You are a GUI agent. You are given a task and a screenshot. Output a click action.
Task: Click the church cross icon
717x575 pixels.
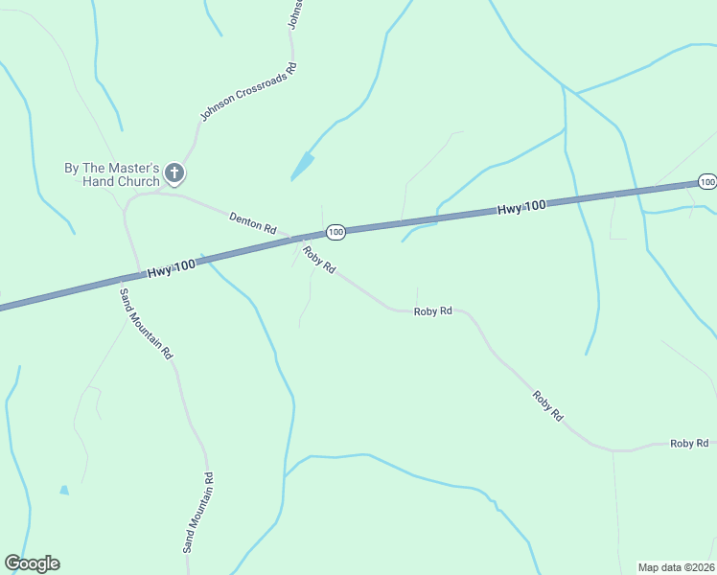pyautogui.click(x=174, y=173)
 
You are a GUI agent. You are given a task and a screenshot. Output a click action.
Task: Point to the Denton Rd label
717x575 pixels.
pyautogui.click(x=252, y=224)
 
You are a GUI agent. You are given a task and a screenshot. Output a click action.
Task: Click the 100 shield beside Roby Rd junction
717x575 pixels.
pyautogui.click(x=335, y=232)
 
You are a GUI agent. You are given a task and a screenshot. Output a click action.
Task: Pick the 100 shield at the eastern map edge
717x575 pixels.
pyautogui.click(x=707, y=182)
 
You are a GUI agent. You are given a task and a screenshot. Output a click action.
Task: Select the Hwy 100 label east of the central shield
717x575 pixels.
pyautogui.click(x=521, y=207)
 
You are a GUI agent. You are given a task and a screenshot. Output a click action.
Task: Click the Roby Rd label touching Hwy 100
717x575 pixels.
pyautogui.click(x=318, y=260)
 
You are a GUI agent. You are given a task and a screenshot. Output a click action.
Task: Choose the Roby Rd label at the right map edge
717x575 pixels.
pyautogui.click(x=689, y=443)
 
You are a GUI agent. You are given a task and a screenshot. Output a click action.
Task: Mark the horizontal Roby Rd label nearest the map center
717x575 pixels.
pyautogui.click(x=432, y=311)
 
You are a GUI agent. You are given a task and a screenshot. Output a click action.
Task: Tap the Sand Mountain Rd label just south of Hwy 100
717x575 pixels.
pyautogui.click(x=146, y=323)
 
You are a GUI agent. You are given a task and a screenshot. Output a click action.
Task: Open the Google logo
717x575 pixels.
pyautogui.click(x=33, y=563)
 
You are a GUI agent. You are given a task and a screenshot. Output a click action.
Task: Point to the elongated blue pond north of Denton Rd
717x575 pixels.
pyautogui.click(x=302, y=167)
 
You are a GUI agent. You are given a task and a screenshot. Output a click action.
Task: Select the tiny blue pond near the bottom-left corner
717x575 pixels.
pyautogui.click(x=64, y=490)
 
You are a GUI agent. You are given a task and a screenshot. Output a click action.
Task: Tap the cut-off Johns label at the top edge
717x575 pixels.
pyautogui.click(x=296, y=12)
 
